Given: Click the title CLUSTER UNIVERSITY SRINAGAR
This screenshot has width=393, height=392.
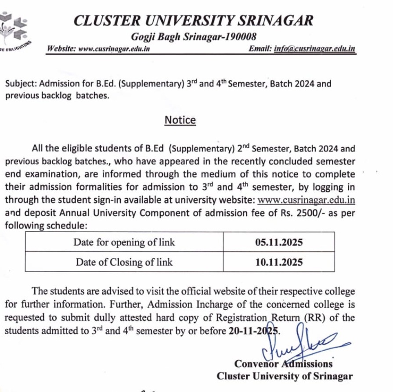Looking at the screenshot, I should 194,20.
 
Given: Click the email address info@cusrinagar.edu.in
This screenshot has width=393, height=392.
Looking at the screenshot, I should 314,49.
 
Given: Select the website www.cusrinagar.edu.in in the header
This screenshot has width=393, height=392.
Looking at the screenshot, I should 114,49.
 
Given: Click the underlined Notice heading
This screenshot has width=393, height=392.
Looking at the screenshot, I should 180,120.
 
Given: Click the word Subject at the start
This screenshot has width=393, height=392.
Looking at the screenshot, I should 21,83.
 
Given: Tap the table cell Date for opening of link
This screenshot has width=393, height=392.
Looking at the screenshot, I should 124,242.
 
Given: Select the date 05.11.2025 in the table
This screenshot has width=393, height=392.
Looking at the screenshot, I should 279,242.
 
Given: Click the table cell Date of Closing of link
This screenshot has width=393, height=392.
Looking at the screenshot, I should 124,262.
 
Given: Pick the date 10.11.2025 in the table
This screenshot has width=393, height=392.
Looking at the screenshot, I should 279,262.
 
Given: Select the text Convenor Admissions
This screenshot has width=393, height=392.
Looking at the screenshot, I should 283,363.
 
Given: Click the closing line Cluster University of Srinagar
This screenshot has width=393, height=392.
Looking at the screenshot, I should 285,376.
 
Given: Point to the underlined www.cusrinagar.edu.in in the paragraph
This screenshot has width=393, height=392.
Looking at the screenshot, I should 306,200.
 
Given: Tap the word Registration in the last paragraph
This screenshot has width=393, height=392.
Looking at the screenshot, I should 243,318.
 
